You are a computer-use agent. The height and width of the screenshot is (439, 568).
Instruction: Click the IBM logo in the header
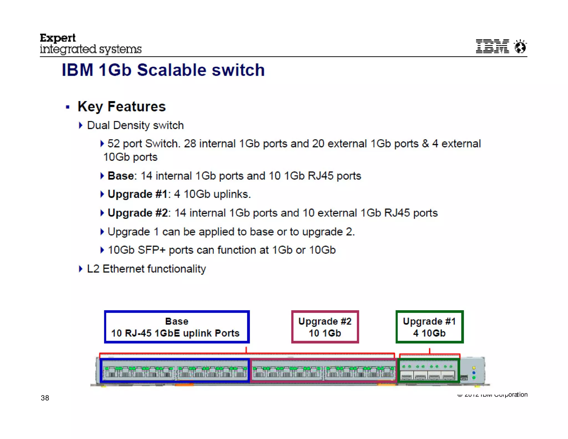click(492, 46)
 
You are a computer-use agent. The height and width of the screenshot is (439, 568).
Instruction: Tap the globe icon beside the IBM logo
click(520, 46)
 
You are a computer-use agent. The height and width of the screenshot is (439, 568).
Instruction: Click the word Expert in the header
click(58, 38)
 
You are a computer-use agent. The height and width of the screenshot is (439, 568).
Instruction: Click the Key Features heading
click(121, 107)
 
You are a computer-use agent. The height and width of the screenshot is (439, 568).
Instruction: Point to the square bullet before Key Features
click(67, 107)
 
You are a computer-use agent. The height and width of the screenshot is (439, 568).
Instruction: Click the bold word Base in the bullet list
click(121, 176)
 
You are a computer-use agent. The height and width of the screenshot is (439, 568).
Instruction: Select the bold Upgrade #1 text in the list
click(138, 194)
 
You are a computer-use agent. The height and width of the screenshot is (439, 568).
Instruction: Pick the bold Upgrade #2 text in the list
click(138, 213)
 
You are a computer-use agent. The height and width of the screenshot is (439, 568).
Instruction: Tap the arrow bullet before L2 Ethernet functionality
click(81, 269)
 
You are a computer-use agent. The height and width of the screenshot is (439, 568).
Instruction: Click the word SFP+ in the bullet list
click(151, 250)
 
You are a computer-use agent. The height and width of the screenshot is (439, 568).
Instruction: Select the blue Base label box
click(177, 327)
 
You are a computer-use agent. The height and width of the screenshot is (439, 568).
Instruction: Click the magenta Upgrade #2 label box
click(325, 327)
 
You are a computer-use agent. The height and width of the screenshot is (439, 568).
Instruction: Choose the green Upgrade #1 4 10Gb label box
click(429, 327)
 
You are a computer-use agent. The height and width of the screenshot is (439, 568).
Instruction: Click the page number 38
click(45, 398)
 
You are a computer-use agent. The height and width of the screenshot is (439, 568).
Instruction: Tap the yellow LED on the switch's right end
click(474, 368)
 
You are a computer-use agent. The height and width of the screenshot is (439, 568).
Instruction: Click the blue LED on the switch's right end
click(474, 373)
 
